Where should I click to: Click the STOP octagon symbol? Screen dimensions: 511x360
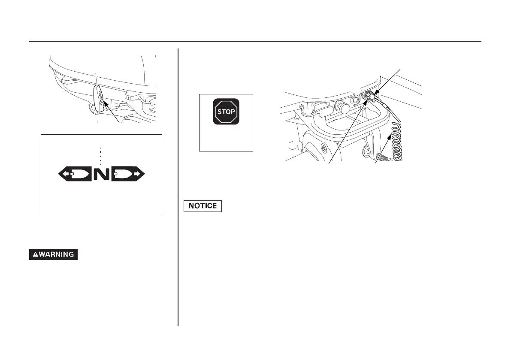coord(226,112)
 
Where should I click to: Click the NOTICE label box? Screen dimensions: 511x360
coord(203,206)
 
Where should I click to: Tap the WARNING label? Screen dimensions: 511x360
coord(54,254)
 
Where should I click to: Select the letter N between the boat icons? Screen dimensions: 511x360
coord(102,174)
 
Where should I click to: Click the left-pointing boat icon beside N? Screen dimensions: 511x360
coord(76,174)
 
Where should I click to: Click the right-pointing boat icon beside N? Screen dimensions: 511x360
coord(128,174)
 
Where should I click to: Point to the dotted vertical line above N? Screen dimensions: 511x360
coord(100,155)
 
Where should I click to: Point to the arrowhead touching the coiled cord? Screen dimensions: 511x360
coord(390,136)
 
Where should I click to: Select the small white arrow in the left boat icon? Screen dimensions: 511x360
coord(65,174)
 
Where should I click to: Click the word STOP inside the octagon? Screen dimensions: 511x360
coord(226,112)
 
